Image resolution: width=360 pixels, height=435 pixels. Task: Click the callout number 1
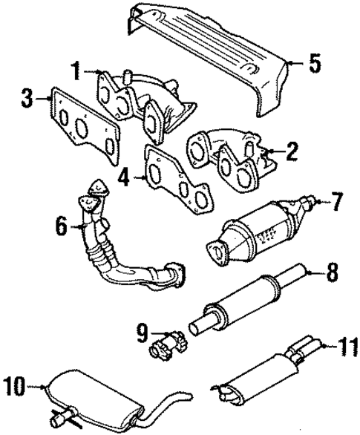[75, 72]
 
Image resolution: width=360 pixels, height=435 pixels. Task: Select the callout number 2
[291, 154]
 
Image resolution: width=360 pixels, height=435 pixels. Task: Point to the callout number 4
[125, 177]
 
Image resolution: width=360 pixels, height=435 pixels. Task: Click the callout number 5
[315, 63]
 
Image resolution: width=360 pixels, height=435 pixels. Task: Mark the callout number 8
[332, 274]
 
